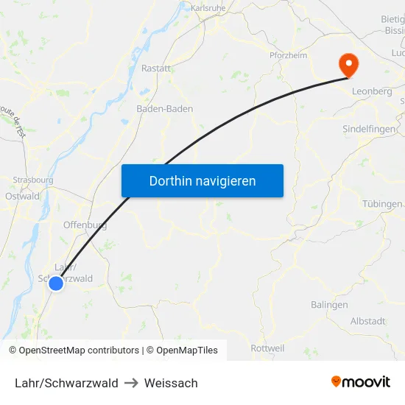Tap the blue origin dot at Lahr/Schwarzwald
coord(56,283)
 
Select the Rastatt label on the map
coord(156,68)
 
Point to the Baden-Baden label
coord(165,108)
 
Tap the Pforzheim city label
coord(288,54)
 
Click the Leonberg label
coord(372,91)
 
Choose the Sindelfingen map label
coord(368,128)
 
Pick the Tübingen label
coord(382,203)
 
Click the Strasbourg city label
coord(33,180)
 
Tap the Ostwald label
coord(22,197)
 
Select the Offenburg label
coord(85,225)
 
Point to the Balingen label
coord(329,305)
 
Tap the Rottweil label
coord(268,348)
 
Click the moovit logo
coord(361,381)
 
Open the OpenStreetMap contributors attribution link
coord(78,351)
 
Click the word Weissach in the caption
coord(171,383)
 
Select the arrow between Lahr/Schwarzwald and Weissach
coord(131,383)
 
